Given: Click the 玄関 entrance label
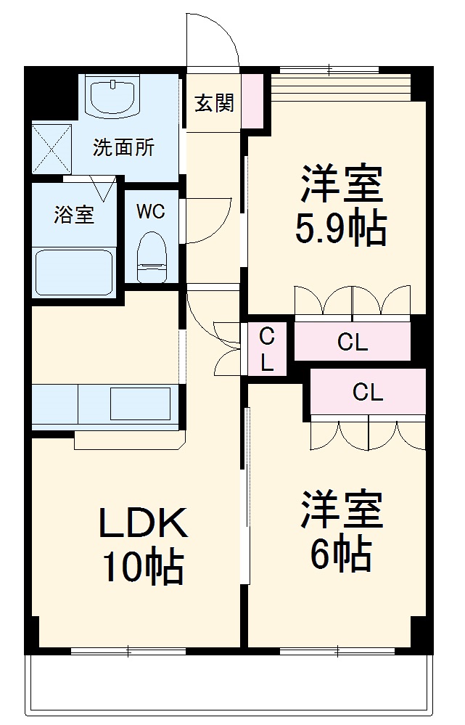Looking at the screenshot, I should coord(214,104).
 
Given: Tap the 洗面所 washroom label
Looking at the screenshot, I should coord(123,147).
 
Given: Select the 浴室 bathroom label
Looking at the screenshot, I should coord(74,215).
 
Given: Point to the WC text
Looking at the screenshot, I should coord(151,212).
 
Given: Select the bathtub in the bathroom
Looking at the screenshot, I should coord(74,271).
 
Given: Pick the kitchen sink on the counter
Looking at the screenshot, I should coord(139,403).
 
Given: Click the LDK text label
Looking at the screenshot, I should coord(143,523).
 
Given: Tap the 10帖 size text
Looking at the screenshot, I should coord(143,568).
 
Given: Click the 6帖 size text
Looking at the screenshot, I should coord(340,555).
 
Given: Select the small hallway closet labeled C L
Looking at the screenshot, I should coord(267,349).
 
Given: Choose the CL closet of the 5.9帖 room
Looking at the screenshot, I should coord(353,343).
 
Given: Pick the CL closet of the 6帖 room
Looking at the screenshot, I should coord(368,393).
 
